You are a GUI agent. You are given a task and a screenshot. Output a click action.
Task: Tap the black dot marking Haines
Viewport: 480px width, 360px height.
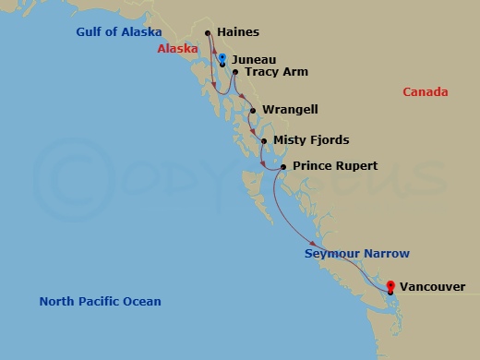click(208, 34)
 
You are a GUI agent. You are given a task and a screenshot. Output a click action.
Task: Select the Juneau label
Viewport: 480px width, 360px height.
click(251, 58)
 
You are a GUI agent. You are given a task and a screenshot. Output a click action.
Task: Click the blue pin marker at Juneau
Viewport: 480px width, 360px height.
click(222, 59)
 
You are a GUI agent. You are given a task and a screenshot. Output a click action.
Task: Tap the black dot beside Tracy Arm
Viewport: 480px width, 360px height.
click(236, 72)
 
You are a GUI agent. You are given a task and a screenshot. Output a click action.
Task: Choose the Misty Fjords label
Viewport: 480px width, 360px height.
click(310, 139)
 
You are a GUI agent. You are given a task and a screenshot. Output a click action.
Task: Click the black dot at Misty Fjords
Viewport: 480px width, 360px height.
click(265, 141)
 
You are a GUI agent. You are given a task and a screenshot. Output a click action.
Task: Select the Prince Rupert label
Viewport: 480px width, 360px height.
click(334, 165)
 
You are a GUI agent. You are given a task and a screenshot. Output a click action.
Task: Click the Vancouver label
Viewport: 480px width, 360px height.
click(433, 287)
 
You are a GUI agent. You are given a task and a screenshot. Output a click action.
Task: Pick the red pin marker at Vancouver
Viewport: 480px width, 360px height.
click(390, 286)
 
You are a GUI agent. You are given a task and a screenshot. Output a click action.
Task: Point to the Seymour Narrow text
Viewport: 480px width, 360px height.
click(356, 253)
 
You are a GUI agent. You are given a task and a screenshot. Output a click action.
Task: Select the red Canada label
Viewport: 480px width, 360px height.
click(426, 91)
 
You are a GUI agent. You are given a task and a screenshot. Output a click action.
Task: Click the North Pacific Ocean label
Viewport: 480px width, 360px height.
click(100, 301)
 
